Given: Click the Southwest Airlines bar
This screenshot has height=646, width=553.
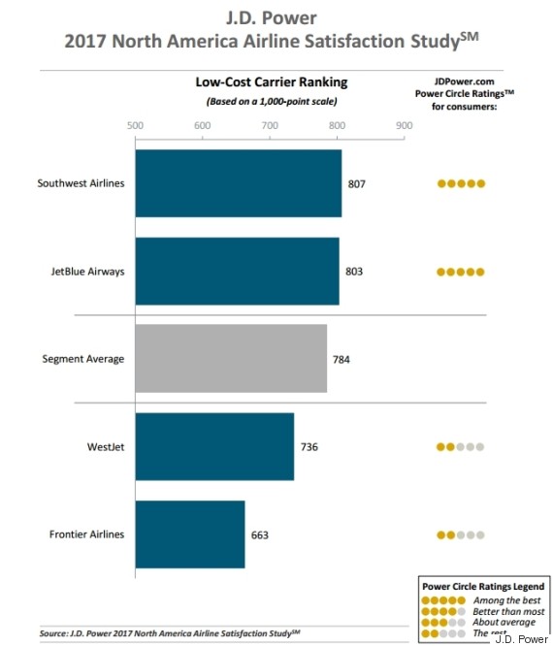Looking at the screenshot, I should (238, 183).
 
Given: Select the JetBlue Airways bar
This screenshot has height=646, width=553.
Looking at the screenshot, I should (237, 271).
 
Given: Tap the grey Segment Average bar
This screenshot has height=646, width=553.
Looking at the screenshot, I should (231, 359).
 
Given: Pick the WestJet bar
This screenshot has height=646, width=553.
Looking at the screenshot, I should (214, 447).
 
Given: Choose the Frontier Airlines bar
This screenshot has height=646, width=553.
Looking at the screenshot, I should (190, 534).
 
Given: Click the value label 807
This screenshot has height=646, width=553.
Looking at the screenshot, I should (357, 183).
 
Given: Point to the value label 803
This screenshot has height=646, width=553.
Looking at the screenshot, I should (354, 271).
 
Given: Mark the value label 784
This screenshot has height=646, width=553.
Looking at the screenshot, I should (341, 359).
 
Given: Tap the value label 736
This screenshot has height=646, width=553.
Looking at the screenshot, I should (309, 447).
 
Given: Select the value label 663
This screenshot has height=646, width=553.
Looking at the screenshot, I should (259, 534).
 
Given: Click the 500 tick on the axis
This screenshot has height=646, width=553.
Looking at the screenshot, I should (135, 125).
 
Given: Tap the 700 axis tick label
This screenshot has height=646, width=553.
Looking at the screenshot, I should (269, 125).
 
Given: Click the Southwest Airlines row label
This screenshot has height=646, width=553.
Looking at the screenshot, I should (81, 183).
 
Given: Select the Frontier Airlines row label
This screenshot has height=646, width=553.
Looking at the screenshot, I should (86, 534).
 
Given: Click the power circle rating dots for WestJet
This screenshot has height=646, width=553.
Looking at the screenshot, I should (460, 447).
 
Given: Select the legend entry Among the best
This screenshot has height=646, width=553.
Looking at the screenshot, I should (501, 601).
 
